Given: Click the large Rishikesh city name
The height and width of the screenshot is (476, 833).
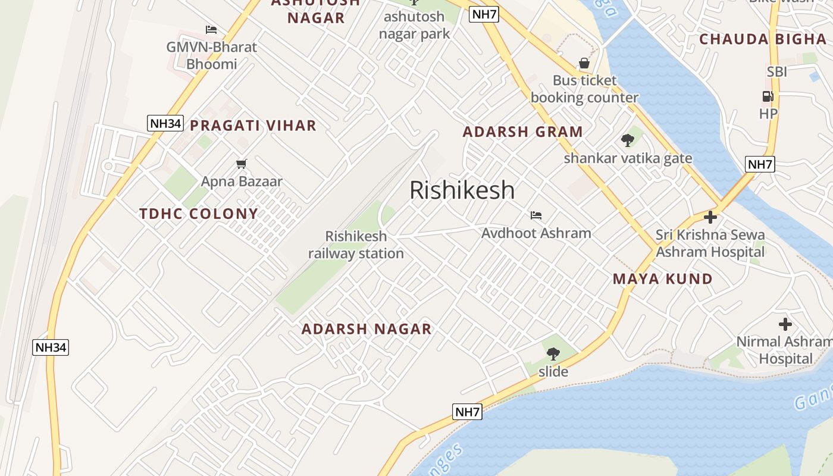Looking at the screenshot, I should (462, 190).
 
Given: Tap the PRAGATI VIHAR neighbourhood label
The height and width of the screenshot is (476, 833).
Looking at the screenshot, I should (253, 126).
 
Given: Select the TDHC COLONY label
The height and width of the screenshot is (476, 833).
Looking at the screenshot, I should (199, 214).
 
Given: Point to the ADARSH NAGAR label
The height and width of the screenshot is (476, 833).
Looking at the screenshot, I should (366, 329).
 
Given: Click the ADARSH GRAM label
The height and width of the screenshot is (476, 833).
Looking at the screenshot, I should (522, 132).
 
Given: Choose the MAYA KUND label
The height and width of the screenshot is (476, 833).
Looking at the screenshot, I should (662, 279).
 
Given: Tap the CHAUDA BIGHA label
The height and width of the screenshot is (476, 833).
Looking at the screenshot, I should (762, 39).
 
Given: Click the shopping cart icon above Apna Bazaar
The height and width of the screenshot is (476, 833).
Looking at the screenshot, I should (242, 164).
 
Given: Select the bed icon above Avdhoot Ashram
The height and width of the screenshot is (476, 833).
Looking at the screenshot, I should (536, 215).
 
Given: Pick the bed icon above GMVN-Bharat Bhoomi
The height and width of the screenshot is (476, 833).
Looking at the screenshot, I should (211, 30).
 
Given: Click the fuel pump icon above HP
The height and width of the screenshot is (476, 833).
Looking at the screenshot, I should (768, 96).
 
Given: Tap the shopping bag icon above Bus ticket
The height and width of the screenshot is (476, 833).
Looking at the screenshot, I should (584, 63).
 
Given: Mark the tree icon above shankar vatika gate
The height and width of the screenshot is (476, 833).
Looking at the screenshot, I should (627, 141).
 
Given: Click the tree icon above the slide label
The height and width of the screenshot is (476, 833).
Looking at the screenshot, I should (553, 354).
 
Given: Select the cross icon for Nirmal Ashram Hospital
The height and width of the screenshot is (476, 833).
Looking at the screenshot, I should (785, 324).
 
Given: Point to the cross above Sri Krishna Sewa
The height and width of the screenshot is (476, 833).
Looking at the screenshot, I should (710, 217).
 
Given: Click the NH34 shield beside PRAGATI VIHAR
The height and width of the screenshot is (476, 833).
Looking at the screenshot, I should (165, 123).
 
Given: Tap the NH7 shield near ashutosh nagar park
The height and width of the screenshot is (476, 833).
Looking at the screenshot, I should (483, 14).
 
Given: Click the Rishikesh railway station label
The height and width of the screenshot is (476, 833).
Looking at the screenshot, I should (356, 245).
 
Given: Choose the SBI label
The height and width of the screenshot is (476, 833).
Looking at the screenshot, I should (776, 72).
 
